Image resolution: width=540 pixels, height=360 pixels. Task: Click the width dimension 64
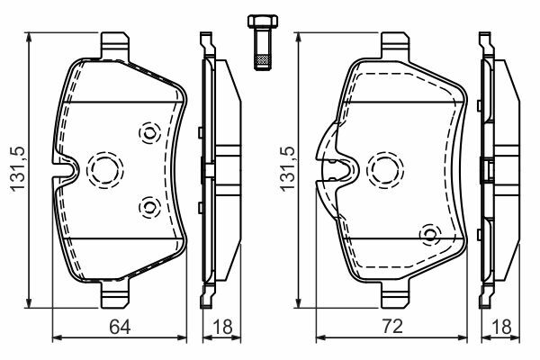click(x=120, y=327)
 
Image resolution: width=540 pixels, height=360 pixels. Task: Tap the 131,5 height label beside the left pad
click(x=18, y=168)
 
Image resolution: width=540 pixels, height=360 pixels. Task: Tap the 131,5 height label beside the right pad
click(x=287, y=168)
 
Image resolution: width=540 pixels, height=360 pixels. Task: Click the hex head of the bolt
click(x=263, y=22)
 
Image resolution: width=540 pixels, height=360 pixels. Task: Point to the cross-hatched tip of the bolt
click(x=263, y=61)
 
